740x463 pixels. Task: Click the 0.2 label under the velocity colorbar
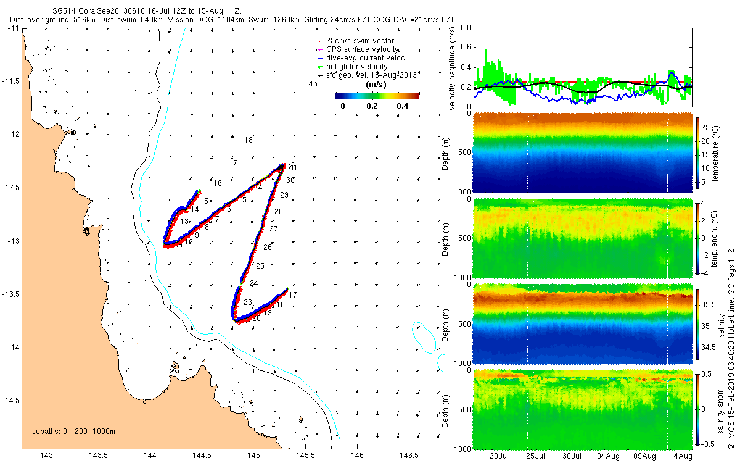371,106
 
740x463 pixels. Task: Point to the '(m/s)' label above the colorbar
376,85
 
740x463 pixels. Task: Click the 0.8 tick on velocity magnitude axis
466,28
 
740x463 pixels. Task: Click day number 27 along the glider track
274,229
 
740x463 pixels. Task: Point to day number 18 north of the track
248,140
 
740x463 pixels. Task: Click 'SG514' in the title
65,11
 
